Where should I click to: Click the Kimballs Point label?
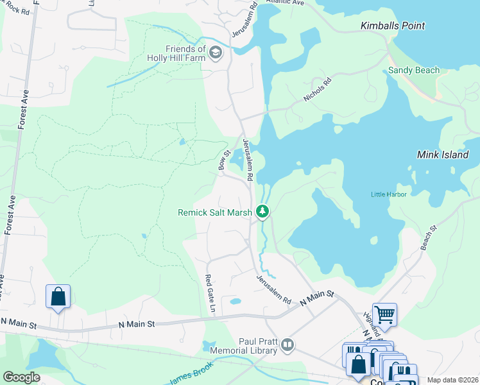tap(393, 26)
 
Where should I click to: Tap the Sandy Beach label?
tap(414, 71)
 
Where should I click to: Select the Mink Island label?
tap(443, 155)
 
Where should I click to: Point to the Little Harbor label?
tap(388, 194)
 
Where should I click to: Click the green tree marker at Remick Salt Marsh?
tap(262, 211)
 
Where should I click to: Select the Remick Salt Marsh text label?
tap(215, 212)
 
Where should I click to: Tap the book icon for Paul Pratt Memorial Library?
tap(287, 346)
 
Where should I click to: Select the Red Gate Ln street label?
tap(210, 293)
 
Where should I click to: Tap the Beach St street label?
tap(429, 237)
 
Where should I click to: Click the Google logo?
tap(21, 377)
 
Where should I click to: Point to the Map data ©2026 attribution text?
tap(452, 380)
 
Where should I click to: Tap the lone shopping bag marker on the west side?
tap(58, 296)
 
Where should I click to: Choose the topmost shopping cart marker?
tap(384, 314)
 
